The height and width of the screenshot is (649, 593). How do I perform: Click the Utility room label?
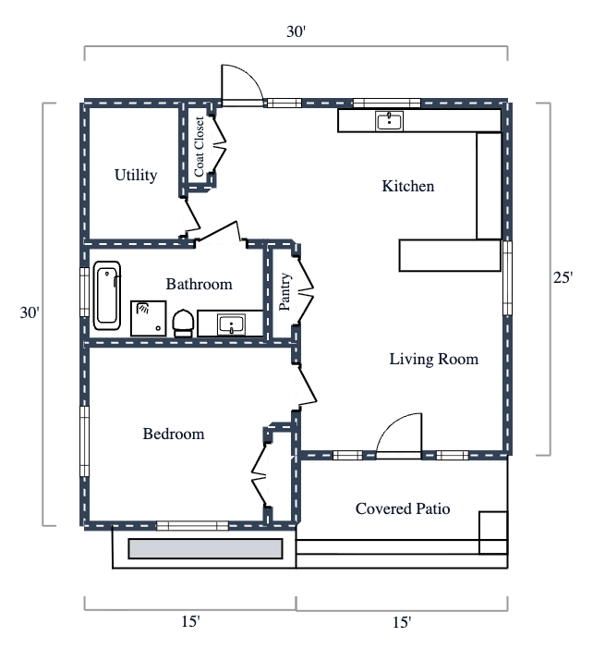[x=136, y=175]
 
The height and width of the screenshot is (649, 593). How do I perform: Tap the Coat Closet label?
[x=200, y=147]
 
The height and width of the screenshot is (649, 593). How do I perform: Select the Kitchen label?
[x=407, y=186]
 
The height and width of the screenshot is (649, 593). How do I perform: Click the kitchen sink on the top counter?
[x=389, y=120]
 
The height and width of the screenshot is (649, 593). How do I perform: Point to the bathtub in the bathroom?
[x=107, y=295]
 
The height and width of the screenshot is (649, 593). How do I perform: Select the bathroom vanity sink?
[x=230, y=324]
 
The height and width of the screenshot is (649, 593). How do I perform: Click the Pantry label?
[x=285, y=293]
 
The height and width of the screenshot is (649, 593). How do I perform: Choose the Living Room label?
[x=433, y=359]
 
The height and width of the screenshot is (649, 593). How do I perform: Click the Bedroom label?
[x=173, y=434]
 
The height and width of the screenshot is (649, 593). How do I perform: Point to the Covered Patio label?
[x=403, y=508]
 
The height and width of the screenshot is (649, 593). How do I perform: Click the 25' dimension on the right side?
[x=563, y=278]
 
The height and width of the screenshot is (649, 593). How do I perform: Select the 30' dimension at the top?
[x=296, y=32]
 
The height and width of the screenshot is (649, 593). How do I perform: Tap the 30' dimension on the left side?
[x=30, y=312]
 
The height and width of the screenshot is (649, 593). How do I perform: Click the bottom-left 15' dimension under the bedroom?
[x=189, y=622]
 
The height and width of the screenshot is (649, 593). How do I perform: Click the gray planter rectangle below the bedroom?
[x=204, y=548]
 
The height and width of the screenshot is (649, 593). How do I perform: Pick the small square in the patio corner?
[x=493, y=525]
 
